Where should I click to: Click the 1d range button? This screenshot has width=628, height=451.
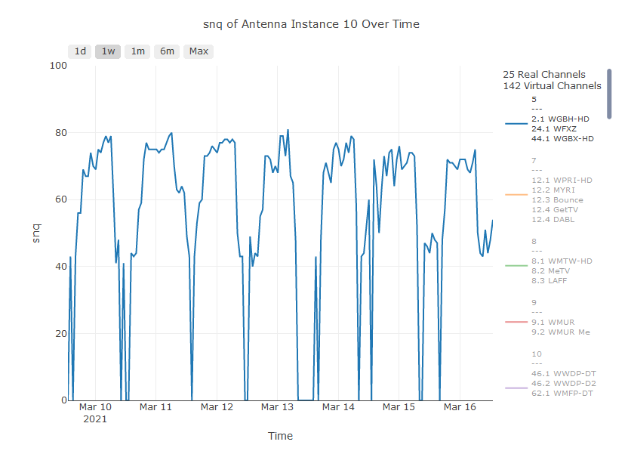(79, 51)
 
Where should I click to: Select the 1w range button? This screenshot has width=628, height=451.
(109, 51)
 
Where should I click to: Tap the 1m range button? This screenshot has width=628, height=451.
(137, 51)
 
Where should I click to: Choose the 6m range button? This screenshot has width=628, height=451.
(167, 51)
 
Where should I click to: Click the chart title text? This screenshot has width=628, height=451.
(311, 24)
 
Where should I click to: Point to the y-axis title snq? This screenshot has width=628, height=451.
(35, 233)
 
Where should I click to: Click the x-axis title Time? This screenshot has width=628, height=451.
(280, 436)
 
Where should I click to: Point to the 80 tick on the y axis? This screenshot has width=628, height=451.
(59, 133)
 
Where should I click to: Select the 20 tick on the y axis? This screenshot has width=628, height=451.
(59, 334)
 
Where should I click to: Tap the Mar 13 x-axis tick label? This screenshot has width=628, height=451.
(277, 407)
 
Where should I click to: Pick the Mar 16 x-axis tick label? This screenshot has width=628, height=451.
(460, 407)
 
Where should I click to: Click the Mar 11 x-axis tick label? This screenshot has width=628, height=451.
(155, 407)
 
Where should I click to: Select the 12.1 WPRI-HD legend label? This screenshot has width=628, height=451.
(562, 180)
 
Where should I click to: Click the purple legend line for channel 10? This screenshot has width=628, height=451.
(516, 388)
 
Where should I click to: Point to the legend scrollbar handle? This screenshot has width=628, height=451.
(609, 94)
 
